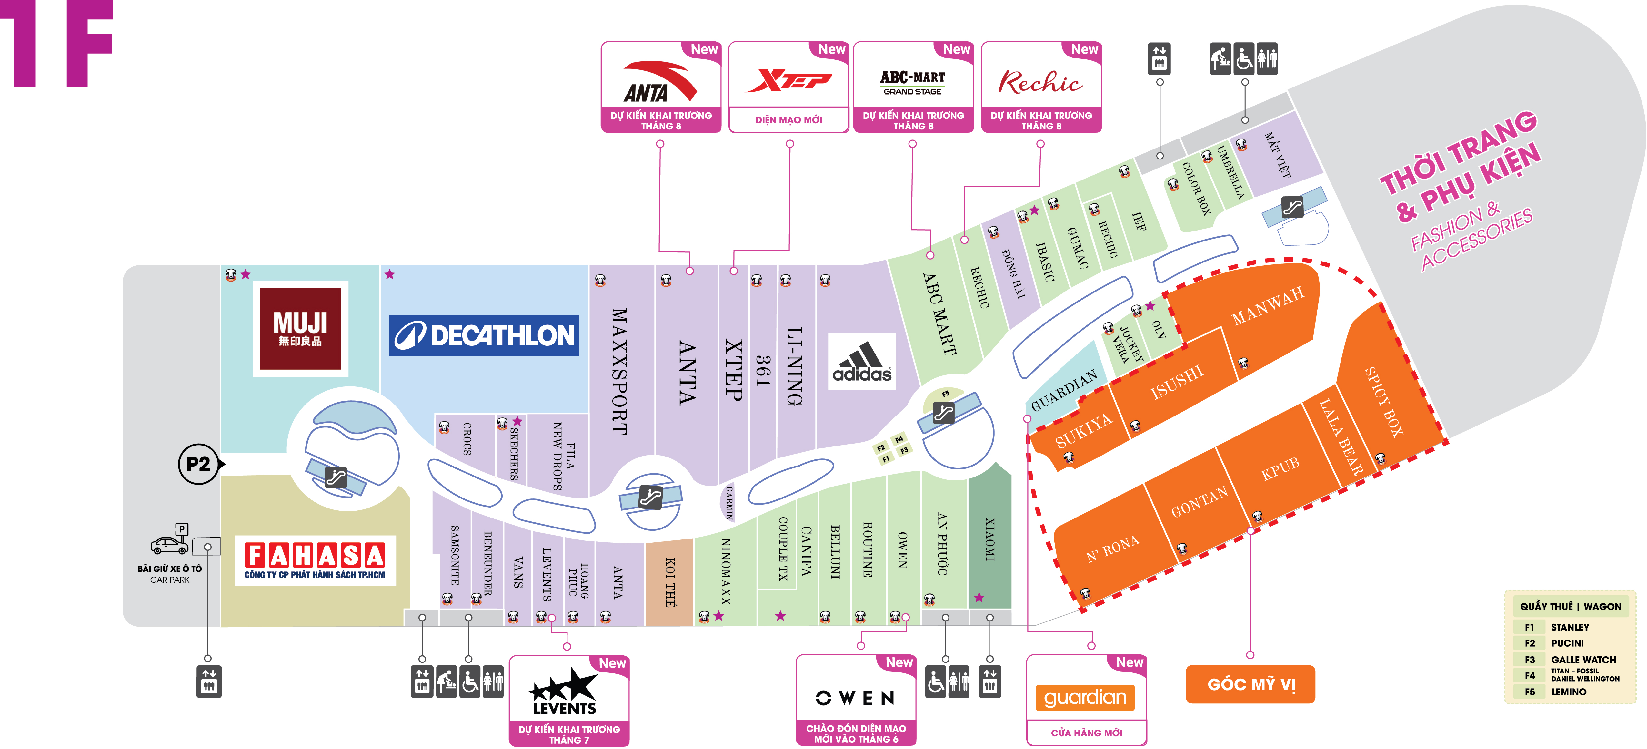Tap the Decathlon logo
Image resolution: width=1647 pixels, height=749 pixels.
(484, 335)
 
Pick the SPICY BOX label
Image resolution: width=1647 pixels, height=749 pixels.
(1384, 402)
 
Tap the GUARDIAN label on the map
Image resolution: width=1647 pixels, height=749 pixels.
(1064, 390)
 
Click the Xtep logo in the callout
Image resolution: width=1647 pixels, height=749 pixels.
(789, 80)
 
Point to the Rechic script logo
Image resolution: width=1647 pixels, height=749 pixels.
(1040, 82)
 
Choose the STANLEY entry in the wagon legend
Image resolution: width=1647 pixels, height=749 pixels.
(1570, 628)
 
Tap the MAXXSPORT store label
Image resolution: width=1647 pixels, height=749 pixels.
(619, 371)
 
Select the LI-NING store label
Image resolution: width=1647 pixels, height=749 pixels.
(794, 366)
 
